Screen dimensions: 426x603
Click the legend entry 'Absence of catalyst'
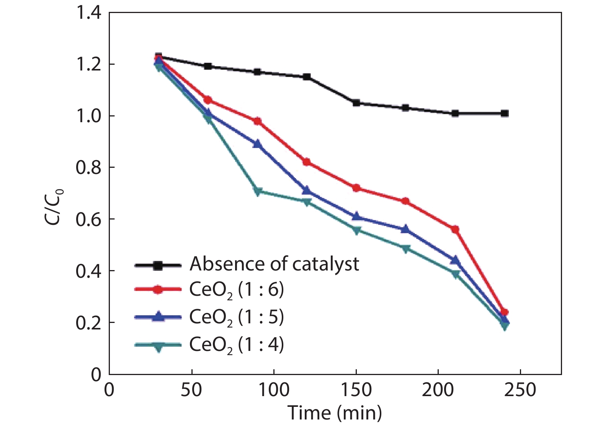[x=274, y=264]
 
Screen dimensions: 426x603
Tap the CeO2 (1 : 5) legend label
[x=237, y=317]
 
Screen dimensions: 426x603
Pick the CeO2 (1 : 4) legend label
[x=237, y=345]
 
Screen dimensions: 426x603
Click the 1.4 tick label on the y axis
[x=88, y=13]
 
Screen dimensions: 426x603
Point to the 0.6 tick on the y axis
[x=88, y=219]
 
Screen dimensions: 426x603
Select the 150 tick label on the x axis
[x=356, y=390]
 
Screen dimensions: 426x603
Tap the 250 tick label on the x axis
[x=520, y=390]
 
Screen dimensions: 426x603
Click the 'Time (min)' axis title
[x=335, y=413]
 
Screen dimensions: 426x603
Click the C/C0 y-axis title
[x=54, y=207]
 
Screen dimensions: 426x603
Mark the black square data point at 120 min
[x=307, y=77]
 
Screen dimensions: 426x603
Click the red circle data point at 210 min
[x=455, y=229]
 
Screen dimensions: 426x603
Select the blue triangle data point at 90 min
[x=257, y=144]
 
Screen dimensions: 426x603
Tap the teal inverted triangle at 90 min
[x=257, y=192]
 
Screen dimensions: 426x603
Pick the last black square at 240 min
[x=505, y=113]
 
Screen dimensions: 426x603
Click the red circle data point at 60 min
[x=208, y=100]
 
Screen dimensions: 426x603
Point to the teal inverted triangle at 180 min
[x=406, y=249]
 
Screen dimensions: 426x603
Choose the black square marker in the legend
[x=157, y=265]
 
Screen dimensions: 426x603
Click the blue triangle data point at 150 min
[x=356, y=216]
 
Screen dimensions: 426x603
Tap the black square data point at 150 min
[x=356, y=103]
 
